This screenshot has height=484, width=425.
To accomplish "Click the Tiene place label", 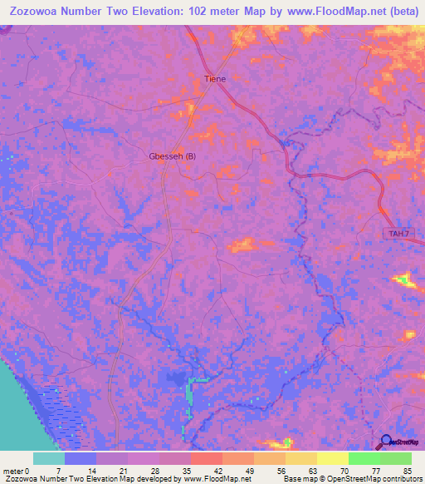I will click(215, 79).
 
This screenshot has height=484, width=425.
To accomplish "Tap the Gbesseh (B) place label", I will click(173, 156).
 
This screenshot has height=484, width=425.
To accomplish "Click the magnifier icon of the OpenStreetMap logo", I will click(387, 441).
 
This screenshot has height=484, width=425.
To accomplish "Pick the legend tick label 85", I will click(407, 471).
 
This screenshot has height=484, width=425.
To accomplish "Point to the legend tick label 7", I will click(59, 471).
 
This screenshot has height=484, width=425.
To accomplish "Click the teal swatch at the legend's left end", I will click(48, 458).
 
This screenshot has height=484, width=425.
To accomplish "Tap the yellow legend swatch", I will click(332, 458).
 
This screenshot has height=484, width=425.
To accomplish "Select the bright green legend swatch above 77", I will click(364, 458).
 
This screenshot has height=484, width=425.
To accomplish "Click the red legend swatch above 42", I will click(206, 458).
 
